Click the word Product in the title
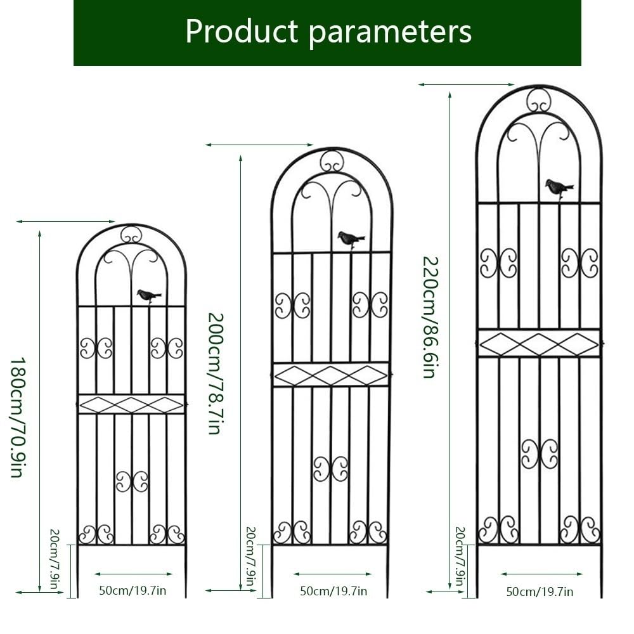pos(242,31)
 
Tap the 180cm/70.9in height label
pos(18,417)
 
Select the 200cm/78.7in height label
pos(216,373)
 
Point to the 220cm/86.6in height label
pos(430,318)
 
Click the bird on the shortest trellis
pos(149,295)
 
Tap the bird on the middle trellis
pos(351,239)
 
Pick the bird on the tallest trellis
pos(559,188)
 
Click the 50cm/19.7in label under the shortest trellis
pos(133,590)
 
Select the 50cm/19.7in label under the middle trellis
pos(333,591)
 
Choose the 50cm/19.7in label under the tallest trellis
pos(540,592)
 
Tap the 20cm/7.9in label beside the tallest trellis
pos(460,557)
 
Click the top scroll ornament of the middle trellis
pos(332,162)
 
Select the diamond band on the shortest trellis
pos(131,404)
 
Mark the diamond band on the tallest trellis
pos(539,344)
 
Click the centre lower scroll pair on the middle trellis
pos(331,469)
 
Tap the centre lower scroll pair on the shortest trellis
pos(132,481)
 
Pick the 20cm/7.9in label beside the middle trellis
pos(250,557)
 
